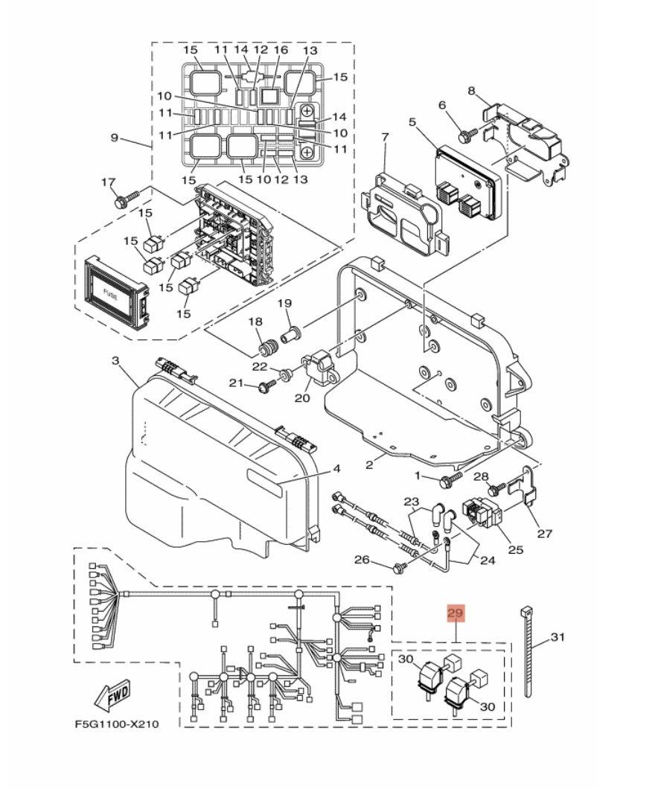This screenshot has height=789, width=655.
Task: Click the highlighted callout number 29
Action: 456,614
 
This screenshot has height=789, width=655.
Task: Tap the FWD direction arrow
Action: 111,697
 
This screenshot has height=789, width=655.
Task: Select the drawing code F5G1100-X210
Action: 116,723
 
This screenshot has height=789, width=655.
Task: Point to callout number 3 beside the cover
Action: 115,361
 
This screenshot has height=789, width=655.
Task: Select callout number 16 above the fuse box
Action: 281,50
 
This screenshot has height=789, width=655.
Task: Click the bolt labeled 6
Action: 468,135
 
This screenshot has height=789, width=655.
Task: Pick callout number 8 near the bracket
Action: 471,91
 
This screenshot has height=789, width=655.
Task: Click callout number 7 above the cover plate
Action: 385,137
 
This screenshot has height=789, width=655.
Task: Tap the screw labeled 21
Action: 266,386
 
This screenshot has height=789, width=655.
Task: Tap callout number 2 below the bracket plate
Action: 369,465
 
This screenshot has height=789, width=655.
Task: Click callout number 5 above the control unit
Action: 412,122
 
